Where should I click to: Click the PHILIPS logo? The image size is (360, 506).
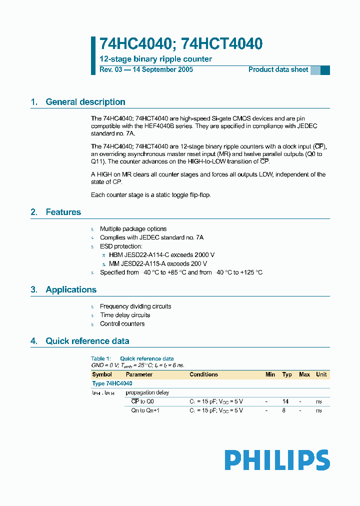pos(277,460)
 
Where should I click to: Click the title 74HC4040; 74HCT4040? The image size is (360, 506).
pos(180,44)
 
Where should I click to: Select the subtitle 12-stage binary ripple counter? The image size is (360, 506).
pos(155,59)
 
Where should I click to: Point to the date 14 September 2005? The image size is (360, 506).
pos(162,69)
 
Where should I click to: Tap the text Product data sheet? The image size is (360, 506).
pos(278,69)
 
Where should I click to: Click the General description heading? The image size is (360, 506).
pos(85,102)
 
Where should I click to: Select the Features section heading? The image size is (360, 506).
pos(63,212)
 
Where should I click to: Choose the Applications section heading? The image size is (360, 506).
pos(71,289)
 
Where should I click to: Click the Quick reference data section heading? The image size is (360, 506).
pos(87,341)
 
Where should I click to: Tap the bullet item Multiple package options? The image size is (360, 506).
pos(133,229)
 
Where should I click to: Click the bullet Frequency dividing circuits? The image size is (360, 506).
pos(135,306)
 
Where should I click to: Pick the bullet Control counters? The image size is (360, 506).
pos(122,323)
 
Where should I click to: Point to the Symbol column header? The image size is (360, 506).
pos(102,374)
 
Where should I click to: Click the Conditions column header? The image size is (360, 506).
pos(203,374)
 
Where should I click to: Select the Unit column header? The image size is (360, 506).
pos(321,374)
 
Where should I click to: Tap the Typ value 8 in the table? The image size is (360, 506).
pos(284,410)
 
